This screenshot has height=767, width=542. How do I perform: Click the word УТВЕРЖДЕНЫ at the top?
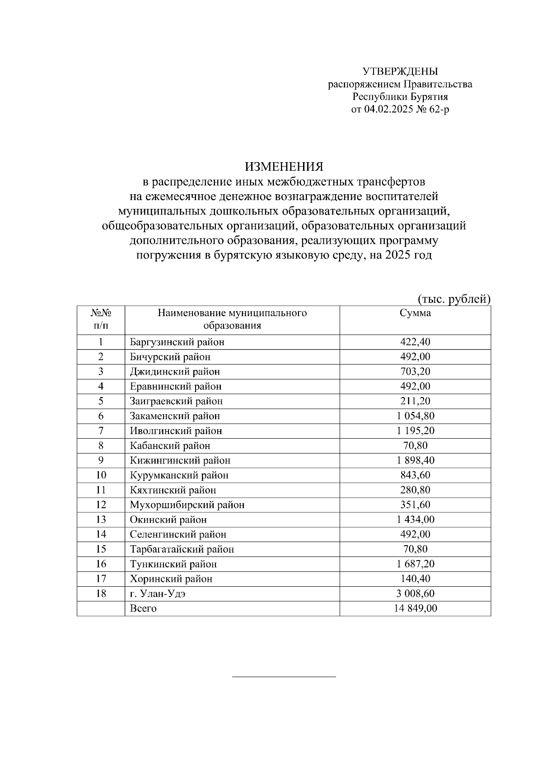pyautogui.click(x=400, y=71)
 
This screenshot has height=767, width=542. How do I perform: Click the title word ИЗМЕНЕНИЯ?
pyautogui.click(x=284, y=167)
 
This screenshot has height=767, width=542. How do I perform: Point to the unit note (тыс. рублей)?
pyautogui.click(x=453, y=299)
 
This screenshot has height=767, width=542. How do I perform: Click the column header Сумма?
pyautogui.click(x=415, y=313)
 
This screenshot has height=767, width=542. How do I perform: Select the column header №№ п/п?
pyautogui.click(x=101, y=319)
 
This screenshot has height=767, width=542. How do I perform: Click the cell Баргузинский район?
pyautogui.click(x=177, y=342)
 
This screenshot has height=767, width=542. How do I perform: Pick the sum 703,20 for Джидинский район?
pyautogui.click(x=415, y=372)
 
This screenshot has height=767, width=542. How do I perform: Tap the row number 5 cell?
pyautogui.click(x=101, y=401)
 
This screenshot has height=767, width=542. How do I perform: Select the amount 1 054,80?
pyautogui.click(x=415, y=416)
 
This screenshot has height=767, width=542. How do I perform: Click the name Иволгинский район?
pyautogui.click(x=176, y=431)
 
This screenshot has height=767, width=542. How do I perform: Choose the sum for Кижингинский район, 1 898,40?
pyautogui.click(x=415, y=460)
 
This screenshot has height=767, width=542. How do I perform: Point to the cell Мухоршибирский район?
pyautogui.click(x=187, y=505)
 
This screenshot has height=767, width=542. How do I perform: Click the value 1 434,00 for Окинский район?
pyautogui.click(x=415, y=520)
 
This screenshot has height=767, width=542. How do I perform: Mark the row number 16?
pyautogui.click(x=101, y=564)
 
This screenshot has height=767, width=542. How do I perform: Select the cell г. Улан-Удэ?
pyautogui.click(x=158, y=594)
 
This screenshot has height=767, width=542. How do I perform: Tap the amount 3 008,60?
pyautogui.click(x=415, y=594)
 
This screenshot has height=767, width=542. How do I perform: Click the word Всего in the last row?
pyautogui.click(x=143, y=608)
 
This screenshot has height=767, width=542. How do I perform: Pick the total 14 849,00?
pyautogui.click(x=415, y=608)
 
